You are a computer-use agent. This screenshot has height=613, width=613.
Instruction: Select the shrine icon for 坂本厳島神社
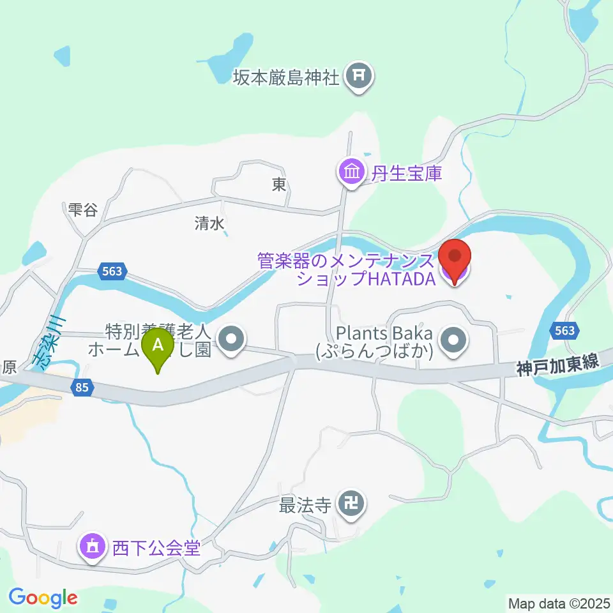(x=358, y=77)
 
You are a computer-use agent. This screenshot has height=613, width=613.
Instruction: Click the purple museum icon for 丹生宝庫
(x=351, y=172)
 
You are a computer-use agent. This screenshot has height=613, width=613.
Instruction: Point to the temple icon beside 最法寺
(x=351, y=504)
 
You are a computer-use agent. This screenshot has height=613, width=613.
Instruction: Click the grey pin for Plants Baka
(x=454, y=339)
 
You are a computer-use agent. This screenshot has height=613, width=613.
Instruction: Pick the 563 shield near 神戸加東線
(x=564, y=331)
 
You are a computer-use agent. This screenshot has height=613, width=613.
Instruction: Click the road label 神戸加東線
(x=557, y=363)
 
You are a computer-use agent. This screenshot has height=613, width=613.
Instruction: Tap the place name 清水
(x=210, y=223)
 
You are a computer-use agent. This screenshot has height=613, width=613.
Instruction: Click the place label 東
(x=279, y=185)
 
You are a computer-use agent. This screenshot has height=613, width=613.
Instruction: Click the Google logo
(x=43, y=598)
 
